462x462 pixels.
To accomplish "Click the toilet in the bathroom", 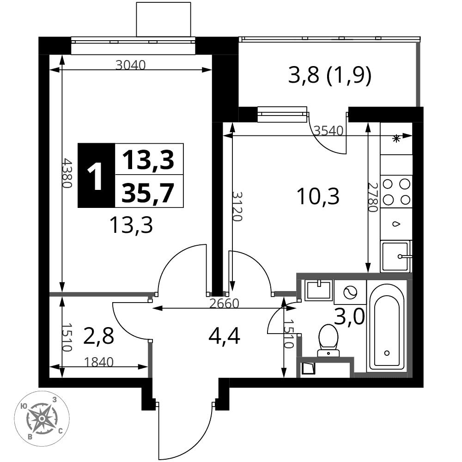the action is tap(328, 340).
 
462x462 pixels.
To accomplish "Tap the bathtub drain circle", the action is tap(387, 353).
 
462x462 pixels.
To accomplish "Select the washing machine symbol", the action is tap(350, 292).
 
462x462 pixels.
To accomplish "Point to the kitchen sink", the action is tap(396, 256).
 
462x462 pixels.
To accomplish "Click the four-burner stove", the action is tap(396, 192).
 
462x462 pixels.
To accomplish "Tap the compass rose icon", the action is tap(42, 419).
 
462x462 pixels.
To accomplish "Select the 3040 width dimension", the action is tap(131, 65).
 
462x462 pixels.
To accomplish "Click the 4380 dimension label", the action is tap(67, 173).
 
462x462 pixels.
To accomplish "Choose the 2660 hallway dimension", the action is tap(224, 304).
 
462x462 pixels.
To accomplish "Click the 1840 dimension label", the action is tap(99, 362).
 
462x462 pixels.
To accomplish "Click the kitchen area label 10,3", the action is tap(318, 196).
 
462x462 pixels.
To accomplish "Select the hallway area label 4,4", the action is tap(224, 336).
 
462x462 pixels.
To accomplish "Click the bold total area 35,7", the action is tap(148, 193).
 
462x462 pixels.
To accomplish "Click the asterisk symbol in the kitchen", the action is tap(396, 138).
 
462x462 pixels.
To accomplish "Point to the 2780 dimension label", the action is tap(373, 197).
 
